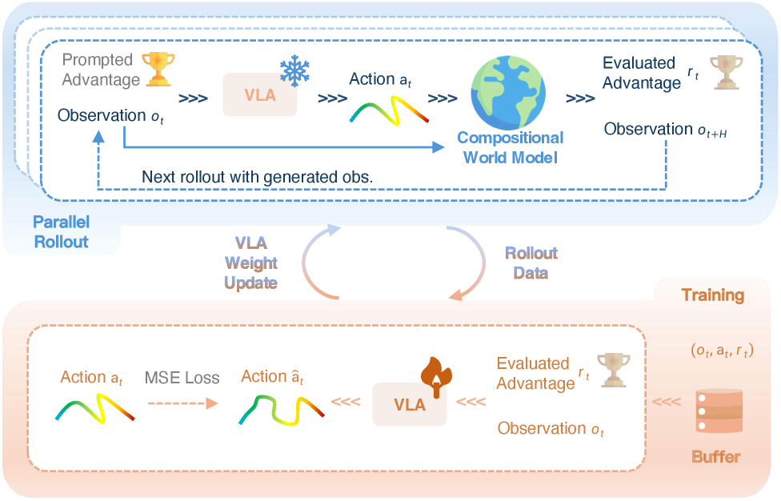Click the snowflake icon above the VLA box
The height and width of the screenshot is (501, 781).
(x=294, y=71)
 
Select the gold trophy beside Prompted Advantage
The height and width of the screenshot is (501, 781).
(x=157, y=69)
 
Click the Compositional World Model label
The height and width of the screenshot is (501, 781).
(x=511, y=147)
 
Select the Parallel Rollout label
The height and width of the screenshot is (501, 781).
(x=61, y=230)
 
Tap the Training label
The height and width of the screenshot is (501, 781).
(x=712, y=295)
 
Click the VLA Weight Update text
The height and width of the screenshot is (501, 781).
(x=251, y=263)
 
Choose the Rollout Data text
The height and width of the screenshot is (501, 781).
(x=531, y=263)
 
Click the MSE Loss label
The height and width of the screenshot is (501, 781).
(x=182, y=378)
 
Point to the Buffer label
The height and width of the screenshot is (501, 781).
(x=715, y=457)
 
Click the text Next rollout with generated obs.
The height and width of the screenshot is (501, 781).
(x=257, y=175)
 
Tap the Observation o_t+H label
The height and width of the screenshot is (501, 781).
(x=665, y=130)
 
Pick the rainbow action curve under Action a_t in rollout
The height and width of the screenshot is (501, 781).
(x=390, y=107)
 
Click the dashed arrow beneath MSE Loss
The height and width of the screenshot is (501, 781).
(x=182, y=403)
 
